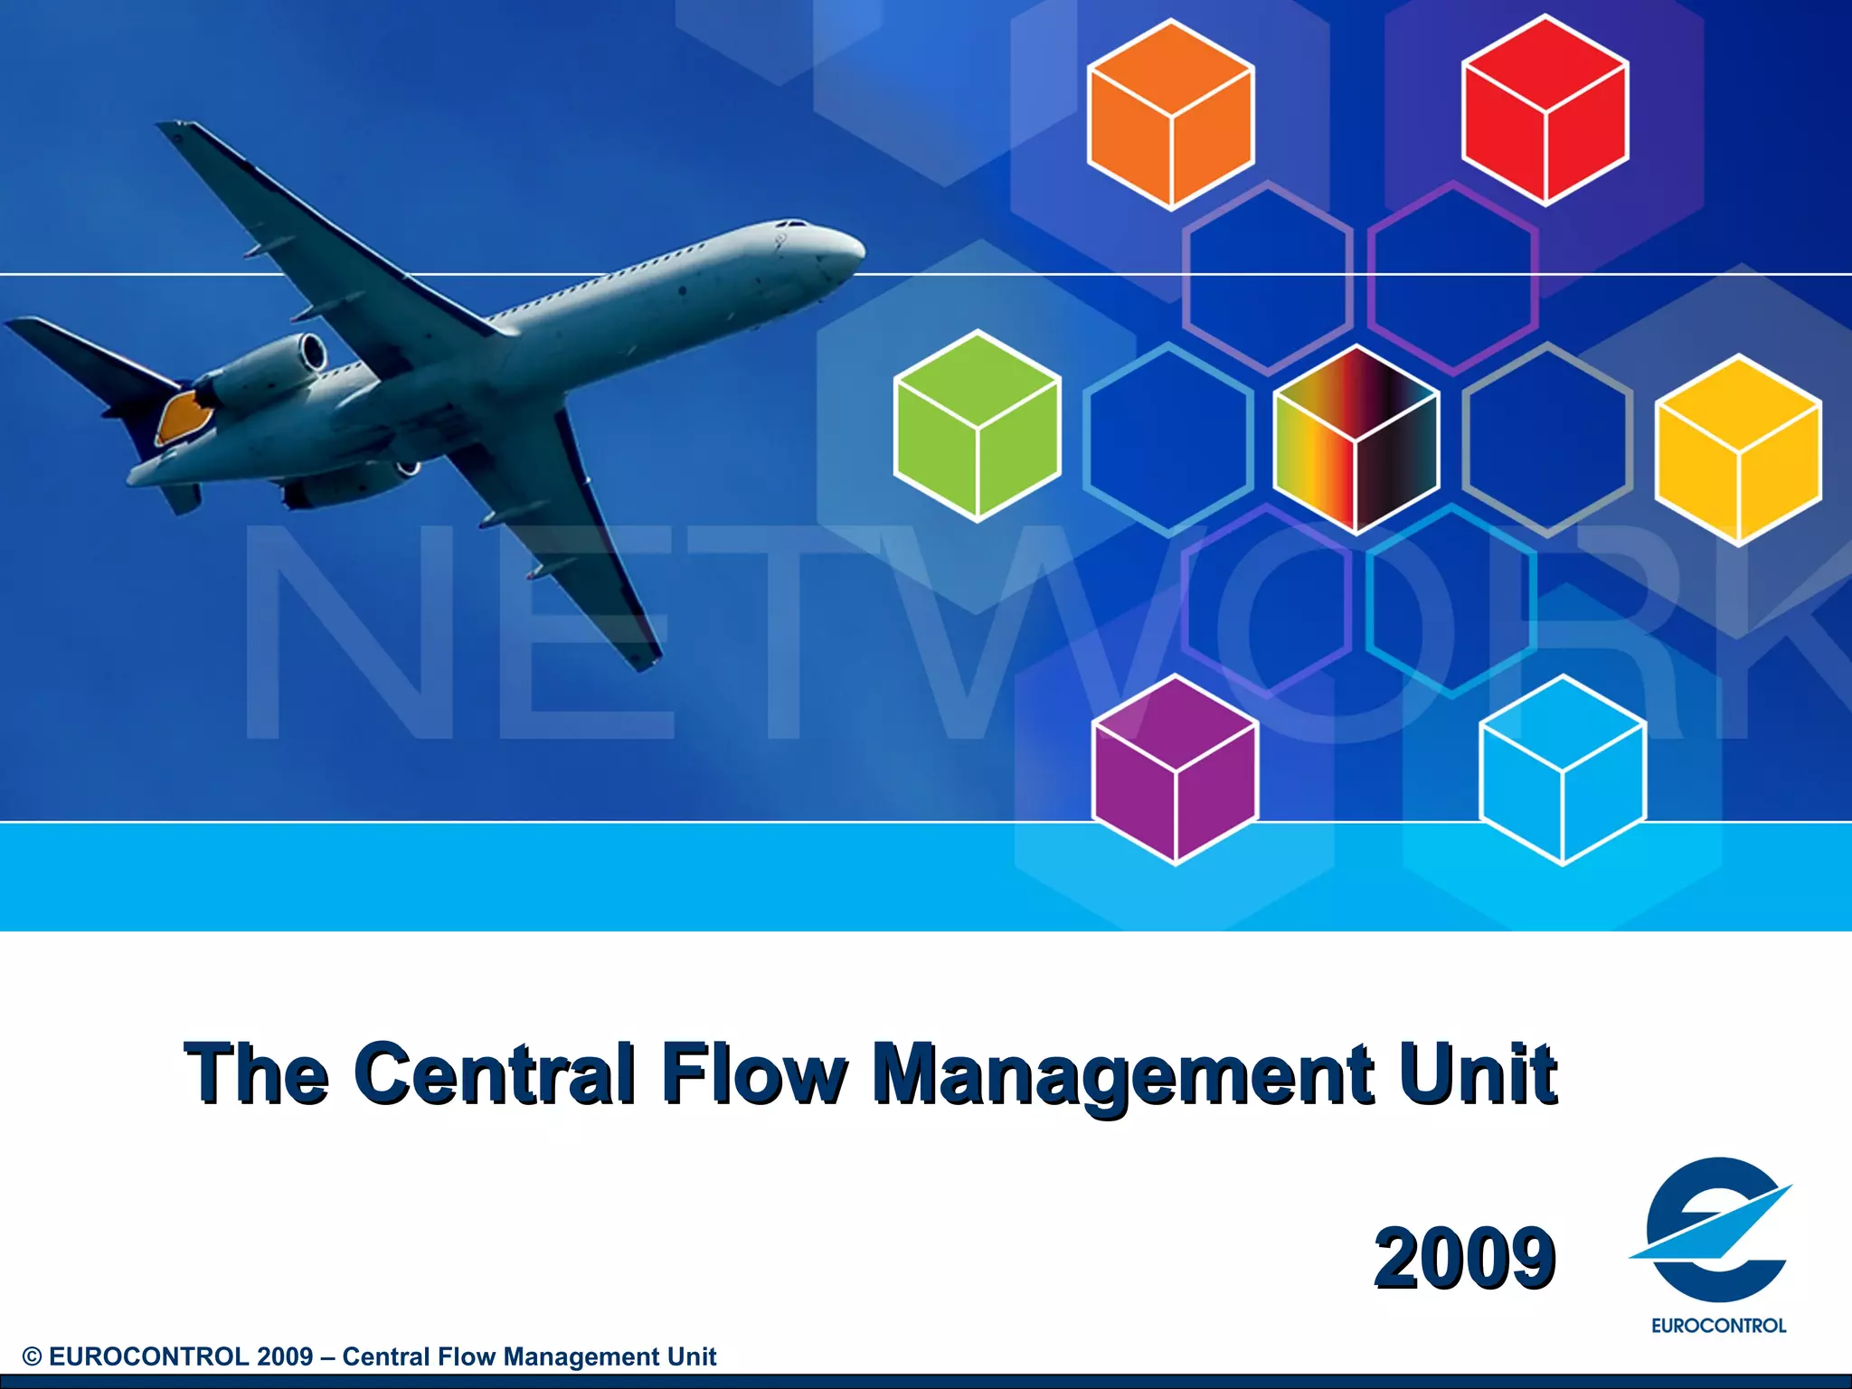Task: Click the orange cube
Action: click(1171, 115)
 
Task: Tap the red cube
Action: click(1545, 110)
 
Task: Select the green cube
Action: click(978, 426)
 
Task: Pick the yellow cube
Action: click(1738, 449)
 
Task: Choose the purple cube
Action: click(1176, 770)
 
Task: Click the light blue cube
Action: click(1563, 770)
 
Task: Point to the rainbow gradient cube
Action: click(1356, 439)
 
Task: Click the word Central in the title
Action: click(494, 1073)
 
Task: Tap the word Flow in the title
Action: click(753, 1073)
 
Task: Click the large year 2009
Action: click(1464, 1258)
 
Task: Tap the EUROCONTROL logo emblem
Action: click(1714, 1230)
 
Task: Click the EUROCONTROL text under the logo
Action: click(1718, 1326)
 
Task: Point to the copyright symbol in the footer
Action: click(33, 1357)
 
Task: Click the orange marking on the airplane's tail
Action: click(185, 415)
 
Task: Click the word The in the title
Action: click(256, 1073)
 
